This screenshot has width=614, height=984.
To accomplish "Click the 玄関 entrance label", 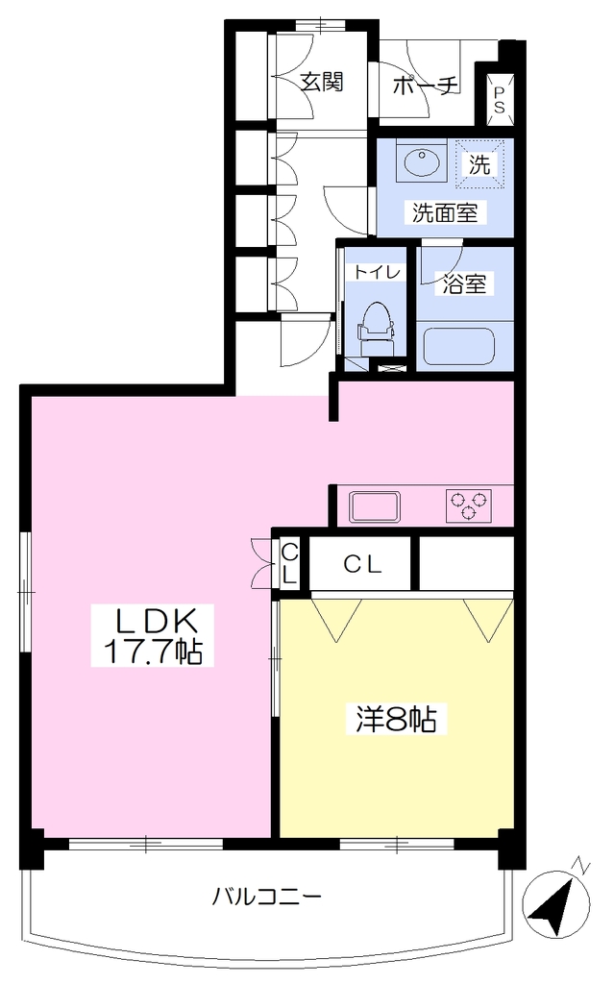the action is tap(322, 83).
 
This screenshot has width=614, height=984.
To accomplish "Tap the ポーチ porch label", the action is tap(426, 86).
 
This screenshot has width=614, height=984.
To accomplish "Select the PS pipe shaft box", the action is tap(499, 100).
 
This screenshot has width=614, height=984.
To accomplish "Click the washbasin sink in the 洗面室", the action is tap(422, 162).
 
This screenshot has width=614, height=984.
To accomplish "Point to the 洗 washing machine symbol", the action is tap(479, 164).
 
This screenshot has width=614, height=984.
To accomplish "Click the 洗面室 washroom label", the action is tap(445, 212).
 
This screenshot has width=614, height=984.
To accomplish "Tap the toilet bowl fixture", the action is tap(377, 329).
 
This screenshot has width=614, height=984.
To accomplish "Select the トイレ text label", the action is tap(377, 272).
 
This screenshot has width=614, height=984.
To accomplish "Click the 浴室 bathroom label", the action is tap(464, 283).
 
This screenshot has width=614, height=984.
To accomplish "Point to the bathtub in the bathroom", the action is tap(459, 346).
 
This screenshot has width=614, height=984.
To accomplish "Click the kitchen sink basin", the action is tap(375, 506).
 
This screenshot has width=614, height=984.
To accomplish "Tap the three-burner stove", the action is tap(469, 505).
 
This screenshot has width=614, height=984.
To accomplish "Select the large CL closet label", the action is tap(363, 565).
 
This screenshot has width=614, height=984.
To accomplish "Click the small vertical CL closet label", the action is tap(289, 563).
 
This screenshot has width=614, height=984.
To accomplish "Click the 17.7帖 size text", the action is tap(153, 652).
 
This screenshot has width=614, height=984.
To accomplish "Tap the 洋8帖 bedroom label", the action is tap(397, 719).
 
